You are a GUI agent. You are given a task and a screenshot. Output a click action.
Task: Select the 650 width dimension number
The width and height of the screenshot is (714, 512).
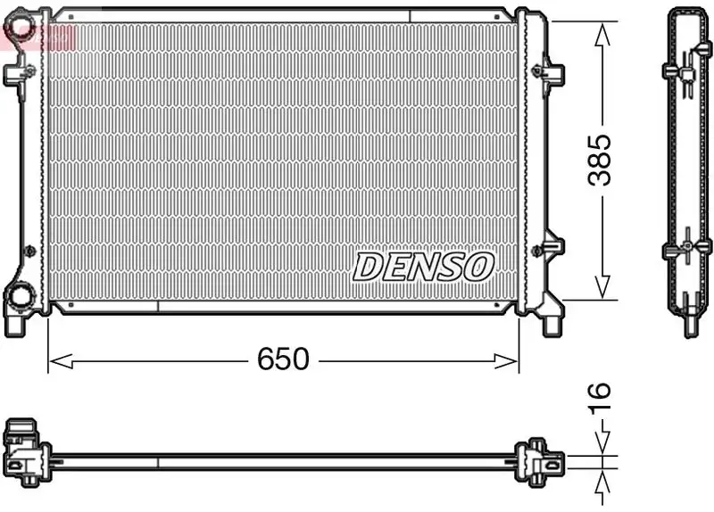[283, 359]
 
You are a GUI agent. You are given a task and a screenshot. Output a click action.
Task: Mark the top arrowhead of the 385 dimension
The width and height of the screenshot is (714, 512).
[604, 27]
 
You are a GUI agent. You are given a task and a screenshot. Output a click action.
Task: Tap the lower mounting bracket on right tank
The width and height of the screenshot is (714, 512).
[551, 246]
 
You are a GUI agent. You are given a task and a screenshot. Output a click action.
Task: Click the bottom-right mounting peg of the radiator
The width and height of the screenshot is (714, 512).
[552, 323]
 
